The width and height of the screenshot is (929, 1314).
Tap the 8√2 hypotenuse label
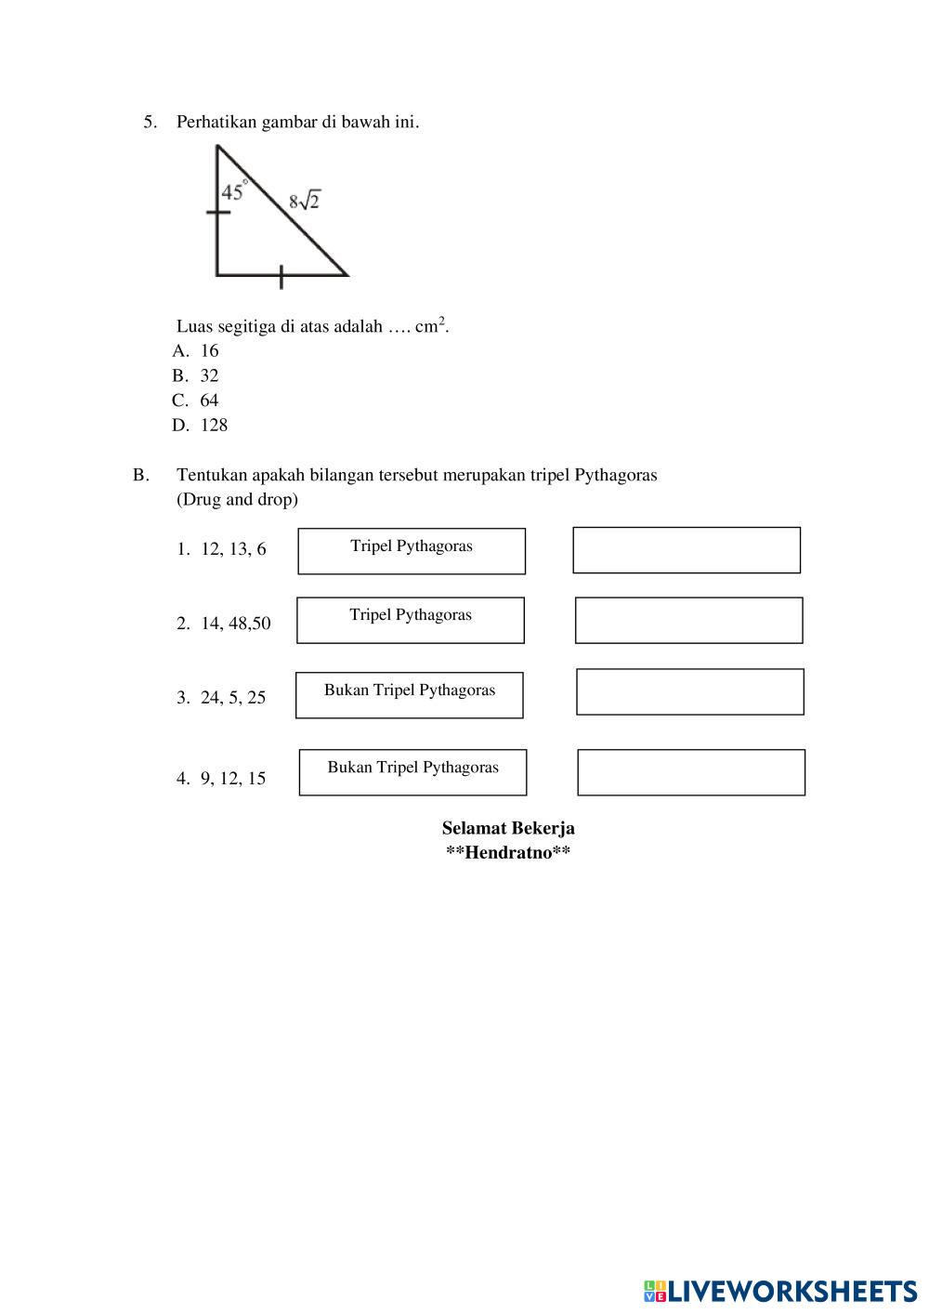304,200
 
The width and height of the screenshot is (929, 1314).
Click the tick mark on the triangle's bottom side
281,276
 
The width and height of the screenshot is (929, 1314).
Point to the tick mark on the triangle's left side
217,213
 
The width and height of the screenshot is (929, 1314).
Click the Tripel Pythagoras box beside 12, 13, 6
412,551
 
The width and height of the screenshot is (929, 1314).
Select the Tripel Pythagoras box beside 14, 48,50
411,620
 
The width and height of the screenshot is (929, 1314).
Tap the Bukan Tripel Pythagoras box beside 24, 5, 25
410,695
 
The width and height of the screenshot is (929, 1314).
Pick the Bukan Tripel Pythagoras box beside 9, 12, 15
412,772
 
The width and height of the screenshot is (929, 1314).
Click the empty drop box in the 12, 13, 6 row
687,550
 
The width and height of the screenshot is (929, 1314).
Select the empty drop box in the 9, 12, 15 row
691,772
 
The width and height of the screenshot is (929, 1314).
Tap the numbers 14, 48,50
236,624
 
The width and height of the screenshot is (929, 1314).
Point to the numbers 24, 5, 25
233,698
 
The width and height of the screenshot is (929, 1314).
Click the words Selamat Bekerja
508,828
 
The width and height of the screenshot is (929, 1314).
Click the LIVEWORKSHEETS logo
780,1291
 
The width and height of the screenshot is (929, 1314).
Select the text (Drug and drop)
237,500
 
